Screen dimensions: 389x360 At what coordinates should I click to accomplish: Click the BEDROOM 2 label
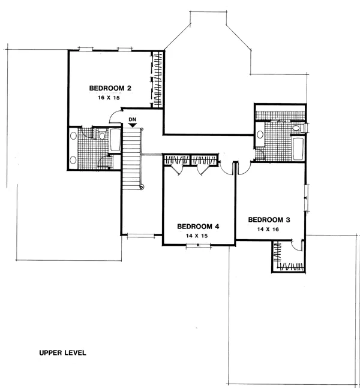(x=110, y=88)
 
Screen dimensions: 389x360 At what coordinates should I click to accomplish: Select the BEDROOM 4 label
(x=198, y=227)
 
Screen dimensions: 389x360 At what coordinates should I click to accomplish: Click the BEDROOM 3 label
(x=269, y=220)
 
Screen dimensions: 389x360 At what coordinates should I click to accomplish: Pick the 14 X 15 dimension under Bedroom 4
(x=196, y=236)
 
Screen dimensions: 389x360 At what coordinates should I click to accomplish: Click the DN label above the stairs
(x=133, y=120)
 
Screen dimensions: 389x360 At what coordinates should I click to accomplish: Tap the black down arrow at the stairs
(x=132, y=126)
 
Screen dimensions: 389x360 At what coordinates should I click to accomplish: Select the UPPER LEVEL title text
(x=63, y=352)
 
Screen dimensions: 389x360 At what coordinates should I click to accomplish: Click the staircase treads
(x=131, y=159)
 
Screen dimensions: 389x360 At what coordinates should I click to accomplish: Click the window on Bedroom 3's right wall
(x=307, y=198)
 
